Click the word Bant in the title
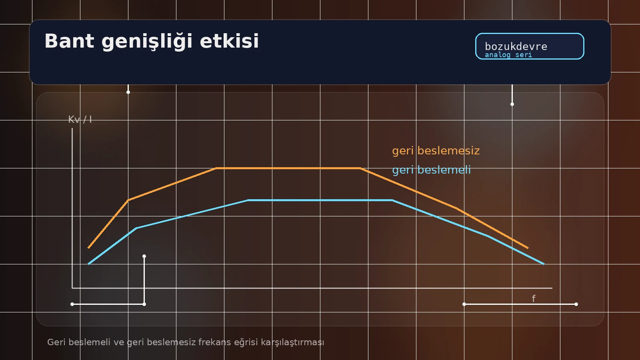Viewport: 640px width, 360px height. [69, 41]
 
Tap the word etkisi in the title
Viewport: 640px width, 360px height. [229, 41]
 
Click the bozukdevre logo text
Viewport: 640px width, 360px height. [516, 46]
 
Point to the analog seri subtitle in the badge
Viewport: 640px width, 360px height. [508, 55]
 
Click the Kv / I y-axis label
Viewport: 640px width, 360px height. [80, 120]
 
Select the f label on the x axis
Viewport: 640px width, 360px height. [534, 298]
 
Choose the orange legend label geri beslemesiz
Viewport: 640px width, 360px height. [436, 151]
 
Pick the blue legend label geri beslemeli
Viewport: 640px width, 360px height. [431, 170]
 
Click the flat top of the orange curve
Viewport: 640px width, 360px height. [288, 168]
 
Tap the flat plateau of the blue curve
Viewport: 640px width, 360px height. [320, 200]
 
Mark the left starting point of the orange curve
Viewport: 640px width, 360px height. [89, 248]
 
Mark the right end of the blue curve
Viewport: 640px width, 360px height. [544, 264]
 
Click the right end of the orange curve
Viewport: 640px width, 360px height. [528, 248]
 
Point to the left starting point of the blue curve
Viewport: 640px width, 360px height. [89, 264]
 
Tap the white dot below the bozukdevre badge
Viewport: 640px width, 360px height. [512, 104]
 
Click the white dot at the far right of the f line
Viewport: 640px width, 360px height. [576, 304]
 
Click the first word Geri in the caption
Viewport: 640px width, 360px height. [56, 342]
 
